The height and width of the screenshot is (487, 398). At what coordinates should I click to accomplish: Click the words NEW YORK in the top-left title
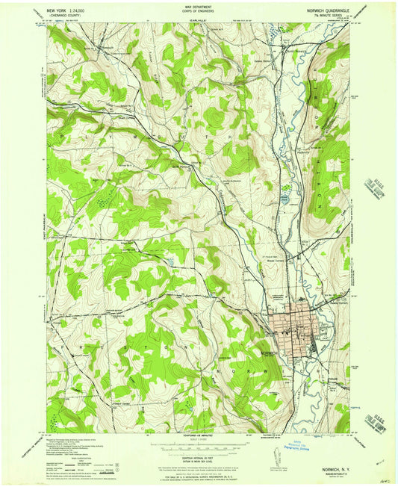pos(59,10)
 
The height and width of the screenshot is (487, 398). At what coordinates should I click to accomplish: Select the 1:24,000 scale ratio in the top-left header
pos(86,10)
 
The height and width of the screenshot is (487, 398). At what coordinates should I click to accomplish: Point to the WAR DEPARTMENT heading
pos(199,7)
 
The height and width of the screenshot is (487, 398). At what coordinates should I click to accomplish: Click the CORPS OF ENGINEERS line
pos(199,12)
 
